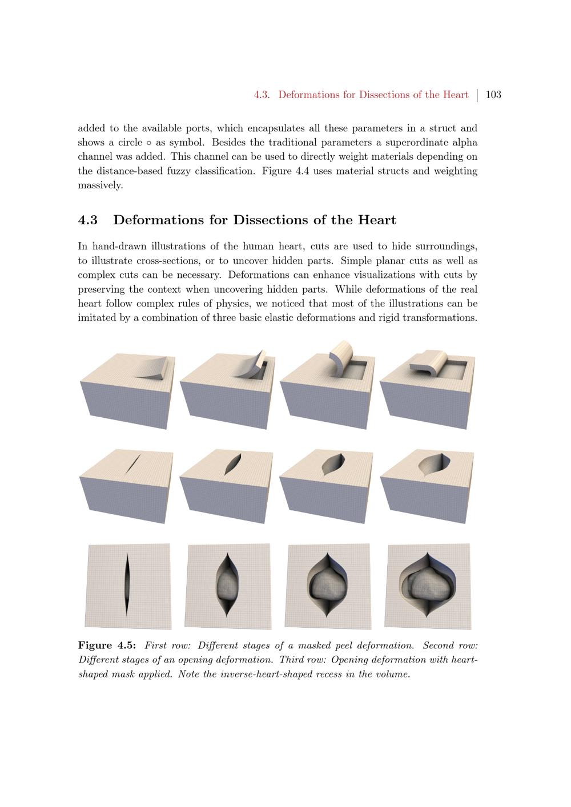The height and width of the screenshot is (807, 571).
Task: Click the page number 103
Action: pyautogui.click(x=493, y=95)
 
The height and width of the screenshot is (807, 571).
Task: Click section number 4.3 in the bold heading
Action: pyautogui.click(x=87, y=220)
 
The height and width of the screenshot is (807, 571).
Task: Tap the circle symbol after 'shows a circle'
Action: pyautogui.click(x=148, y=143)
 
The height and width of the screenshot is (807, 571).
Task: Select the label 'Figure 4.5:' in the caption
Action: pyautogui.click(x=107, y=645)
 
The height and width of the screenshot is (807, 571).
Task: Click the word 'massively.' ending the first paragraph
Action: pyautogui.click(x=100, y=185)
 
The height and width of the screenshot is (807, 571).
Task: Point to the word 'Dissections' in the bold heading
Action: pyautogui.click(x=275, y=220)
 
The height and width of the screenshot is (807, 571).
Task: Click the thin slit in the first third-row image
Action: pyautogui.click(x=127, y=586)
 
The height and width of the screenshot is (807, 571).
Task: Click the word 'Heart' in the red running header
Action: pyautogui.click(x=455, y=95)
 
